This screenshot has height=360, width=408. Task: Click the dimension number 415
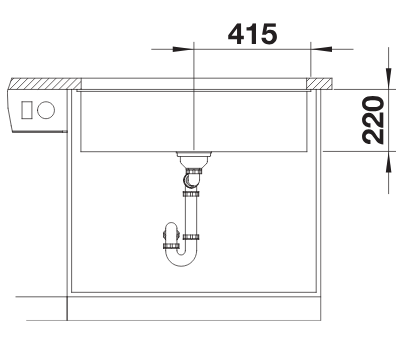(x=252, y=34)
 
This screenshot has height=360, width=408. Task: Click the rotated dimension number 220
(x=373, y=120)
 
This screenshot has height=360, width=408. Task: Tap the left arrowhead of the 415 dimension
(x=183, y=49)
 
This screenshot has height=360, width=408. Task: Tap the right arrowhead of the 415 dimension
(x=321, y=49)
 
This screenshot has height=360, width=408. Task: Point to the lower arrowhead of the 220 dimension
(x=389, y=162)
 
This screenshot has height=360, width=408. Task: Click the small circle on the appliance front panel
(x=46, y=110)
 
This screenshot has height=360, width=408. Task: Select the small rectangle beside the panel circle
(x=27, y=110)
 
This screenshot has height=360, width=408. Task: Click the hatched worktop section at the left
(x=45, y=84)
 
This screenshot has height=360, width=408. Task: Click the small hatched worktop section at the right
(x=319, y=84)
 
